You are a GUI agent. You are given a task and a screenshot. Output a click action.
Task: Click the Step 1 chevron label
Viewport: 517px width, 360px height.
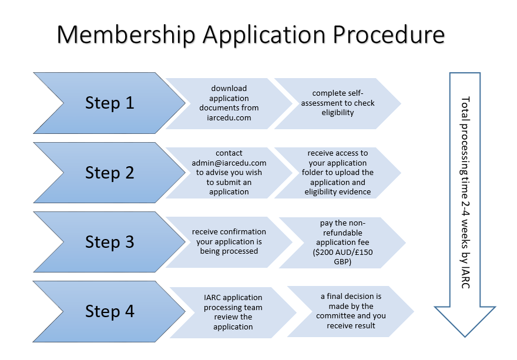(x=110, y=103)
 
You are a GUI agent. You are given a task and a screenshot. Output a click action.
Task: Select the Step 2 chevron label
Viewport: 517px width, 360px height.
(x=110, y=173)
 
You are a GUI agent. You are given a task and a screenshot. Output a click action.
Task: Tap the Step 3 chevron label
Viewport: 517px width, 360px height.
(x=110, y=242)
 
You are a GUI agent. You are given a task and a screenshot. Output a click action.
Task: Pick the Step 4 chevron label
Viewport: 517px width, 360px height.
(x=110, y=311)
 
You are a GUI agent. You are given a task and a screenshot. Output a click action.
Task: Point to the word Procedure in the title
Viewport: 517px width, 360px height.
(x=389, y=34)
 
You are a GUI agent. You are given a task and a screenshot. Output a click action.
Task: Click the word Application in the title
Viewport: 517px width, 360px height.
(x=264, y=35)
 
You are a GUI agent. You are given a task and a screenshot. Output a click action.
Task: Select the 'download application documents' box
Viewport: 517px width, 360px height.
(x=229, y=103)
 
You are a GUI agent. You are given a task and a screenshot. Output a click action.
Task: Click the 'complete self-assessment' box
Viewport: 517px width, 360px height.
(x=338, y=103)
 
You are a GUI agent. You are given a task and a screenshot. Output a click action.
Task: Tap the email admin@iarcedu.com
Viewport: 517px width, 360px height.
(x=229, y=163)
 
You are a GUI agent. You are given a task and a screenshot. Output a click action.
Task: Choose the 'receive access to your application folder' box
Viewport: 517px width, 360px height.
(x=338, y=173)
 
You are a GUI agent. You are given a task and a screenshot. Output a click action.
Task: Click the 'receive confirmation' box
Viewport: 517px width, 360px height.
(x=229, y=242)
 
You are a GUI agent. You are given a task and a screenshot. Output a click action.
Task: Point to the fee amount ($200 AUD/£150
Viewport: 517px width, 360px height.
(x=343, y=252)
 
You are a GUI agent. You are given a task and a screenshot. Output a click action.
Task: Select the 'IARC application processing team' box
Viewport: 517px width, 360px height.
(x=233, y=312)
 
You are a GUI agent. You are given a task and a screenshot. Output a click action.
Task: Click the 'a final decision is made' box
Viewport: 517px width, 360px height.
(x=351, y=311)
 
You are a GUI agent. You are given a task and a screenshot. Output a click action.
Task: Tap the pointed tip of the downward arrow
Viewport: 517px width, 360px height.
(x=465, y=337)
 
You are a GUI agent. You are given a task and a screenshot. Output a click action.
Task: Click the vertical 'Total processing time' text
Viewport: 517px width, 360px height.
(x=465, y=193)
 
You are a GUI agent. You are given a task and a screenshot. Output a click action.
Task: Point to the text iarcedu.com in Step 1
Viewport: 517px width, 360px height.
(x=229, y=117)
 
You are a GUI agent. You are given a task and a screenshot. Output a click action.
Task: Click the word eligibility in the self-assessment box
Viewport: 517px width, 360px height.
(x=338, y=113)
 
